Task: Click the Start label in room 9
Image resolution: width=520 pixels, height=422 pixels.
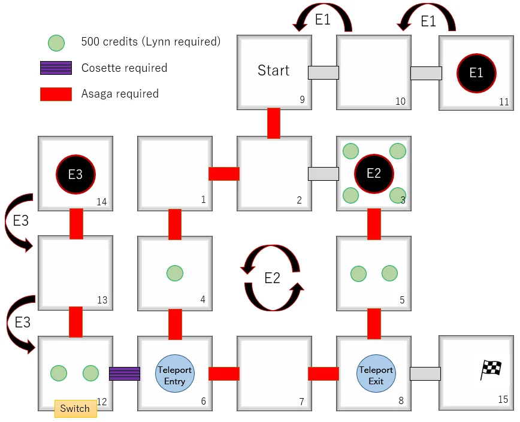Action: [x=273, y=71]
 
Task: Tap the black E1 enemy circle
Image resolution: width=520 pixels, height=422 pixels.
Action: [x=476, y=73]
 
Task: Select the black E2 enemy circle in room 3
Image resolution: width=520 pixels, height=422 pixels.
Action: [x=374, y=174]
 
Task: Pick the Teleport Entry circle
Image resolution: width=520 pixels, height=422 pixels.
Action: [x=175, y=374]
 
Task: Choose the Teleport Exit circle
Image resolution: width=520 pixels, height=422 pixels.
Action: [x=376, y=374]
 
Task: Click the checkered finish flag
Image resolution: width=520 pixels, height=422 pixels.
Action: [x=491, y=370]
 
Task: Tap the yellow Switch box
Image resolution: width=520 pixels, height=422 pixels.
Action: [x=75, y=409]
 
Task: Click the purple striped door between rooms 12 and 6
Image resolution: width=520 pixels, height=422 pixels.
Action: [x=125, y=374]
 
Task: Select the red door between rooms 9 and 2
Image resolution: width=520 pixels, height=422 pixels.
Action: [x=274, y=123]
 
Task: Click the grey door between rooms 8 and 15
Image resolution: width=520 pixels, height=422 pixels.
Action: [x=425, y=374]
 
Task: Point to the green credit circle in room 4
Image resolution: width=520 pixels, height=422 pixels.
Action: [x=175, y=274]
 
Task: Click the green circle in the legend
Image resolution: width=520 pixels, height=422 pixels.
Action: [x=56, y=42]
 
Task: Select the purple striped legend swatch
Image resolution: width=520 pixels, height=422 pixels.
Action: [x=56, y=68]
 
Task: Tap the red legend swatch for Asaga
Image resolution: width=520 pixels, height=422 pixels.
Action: [x=56, y=94]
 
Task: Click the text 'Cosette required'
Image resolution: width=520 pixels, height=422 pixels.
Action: [x=124, y=68]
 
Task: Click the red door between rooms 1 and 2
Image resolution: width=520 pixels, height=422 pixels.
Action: [x=224, y=174]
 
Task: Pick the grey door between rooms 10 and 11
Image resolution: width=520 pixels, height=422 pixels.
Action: [x=426, y=73]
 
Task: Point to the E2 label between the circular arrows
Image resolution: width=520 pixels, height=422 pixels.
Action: [x=273, y=278]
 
